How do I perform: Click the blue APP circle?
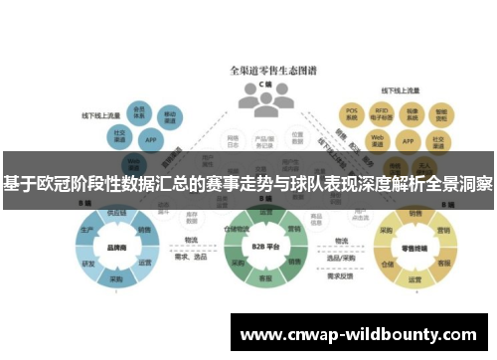tap(149, 139)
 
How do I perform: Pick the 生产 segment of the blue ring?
tap(88, 229)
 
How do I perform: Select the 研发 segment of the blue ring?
tap(88, 264)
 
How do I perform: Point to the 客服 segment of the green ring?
tap(264, 277)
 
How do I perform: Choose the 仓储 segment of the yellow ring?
tap(387, 265)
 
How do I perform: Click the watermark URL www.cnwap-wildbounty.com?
tap(359, 334)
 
